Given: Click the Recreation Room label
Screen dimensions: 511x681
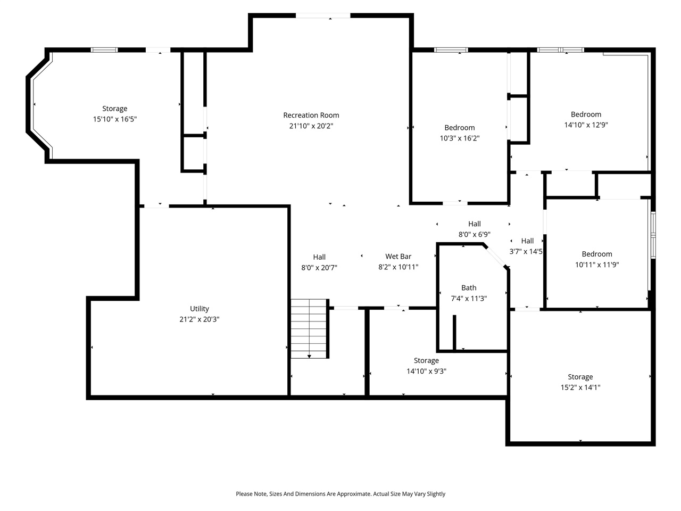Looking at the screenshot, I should click(311, 115).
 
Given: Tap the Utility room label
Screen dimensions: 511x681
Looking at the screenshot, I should click(200, 309).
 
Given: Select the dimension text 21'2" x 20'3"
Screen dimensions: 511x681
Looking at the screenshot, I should click(200, 319).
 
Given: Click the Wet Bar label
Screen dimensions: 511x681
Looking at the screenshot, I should click(398, 257).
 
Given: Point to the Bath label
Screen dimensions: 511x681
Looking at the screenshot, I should click(469, 288).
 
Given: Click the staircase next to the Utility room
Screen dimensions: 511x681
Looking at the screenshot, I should click(309, 328).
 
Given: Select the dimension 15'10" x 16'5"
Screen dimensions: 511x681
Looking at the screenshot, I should click(115, 119).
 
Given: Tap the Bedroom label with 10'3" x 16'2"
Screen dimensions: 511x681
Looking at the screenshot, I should click(460, 128).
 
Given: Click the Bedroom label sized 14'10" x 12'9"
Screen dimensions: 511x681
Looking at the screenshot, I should click(586, 114).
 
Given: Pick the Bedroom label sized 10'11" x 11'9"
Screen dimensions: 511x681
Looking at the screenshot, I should click(597, 254).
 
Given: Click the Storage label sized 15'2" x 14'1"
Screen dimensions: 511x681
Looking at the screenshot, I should click(580, 377).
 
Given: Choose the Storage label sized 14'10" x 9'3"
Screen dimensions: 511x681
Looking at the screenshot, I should click(426, 361).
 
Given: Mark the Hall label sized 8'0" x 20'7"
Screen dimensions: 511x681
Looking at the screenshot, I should click(319, 257).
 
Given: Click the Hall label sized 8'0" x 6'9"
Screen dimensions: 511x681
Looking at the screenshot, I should click(475, 224).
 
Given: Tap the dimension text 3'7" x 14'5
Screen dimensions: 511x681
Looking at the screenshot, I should click(526, 252).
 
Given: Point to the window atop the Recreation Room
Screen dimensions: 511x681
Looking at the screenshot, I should click(323, 16).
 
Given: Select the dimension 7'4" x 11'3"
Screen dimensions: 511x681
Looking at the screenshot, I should click(469, 299).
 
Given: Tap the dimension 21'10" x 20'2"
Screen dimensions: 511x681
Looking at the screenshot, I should click(311, 126).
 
